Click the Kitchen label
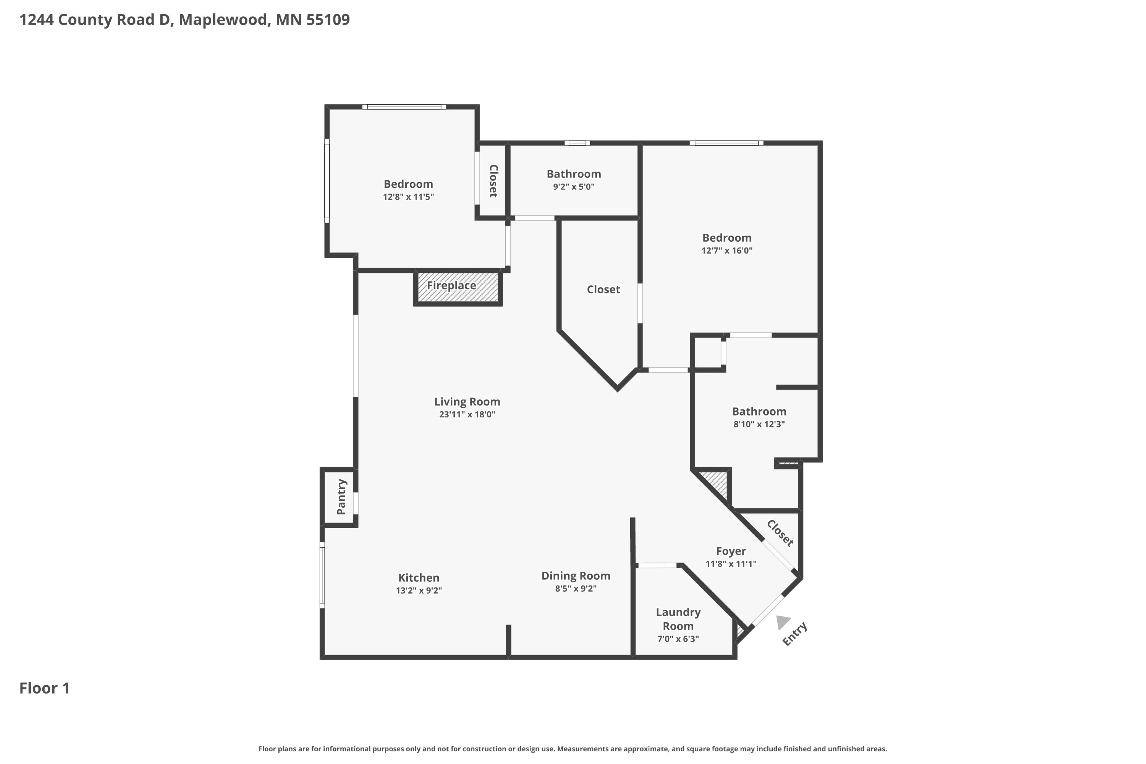pyautogui.click(x=419, y=578)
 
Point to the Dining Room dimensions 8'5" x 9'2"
pyautogui.click(x=576, y=589)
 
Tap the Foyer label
pyautogui.click(x=730, y=551)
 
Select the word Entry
pyautogui.click(x=795, y=634)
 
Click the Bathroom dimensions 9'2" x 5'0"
pyautogui.click(x=573, y=187)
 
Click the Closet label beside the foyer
pyautogui.click(x=780, y=533)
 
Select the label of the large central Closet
pyautogui.click(x=603, y=290)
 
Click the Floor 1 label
pyautogui.click(x=44, y=688)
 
